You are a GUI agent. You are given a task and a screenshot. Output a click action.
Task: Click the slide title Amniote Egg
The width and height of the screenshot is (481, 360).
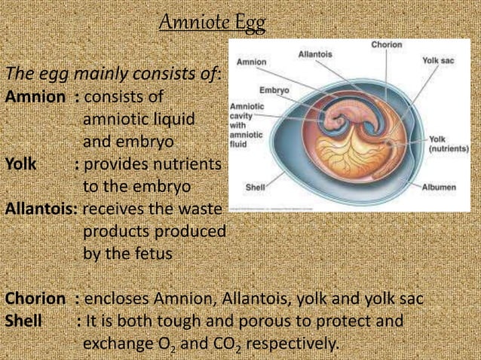pyautogui.click(x=213, y=23)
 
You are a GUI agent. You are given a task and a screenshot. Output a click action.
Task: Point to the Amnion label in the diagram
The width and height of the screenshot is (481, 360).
pyautogui.click(x=251, y=62)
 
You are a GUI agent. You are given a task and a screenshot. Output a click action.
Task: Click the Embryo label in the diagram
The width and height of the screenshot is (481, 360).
pyautogui.click(x=274, y=90)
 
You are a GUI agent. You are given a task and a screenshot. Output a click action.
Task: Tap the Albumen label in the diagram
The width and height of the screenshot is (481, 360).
pyautogui.click(x=439, y=187)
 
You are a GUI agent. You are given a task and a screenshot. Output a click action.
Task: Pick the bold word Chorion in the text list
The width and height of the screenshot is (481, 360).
pyautogui.click(x=35, y=299)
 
